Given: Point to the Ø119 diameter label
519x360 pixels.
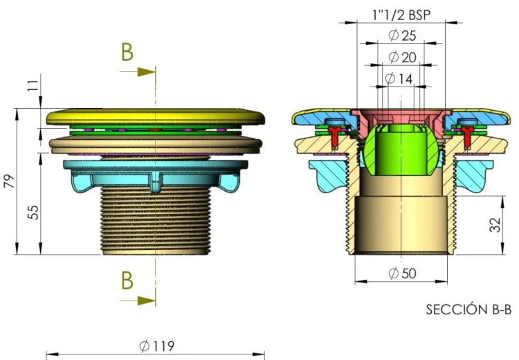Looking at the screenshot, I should tap(156, 346).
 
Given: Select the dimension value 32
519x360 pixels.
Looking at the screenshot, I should tap(495, 226).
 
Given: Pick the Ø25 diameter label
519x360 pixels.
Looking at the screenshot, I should tap(402, 36).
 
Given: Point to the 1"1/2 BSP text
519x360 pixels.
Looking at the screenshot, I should tap(400, 14).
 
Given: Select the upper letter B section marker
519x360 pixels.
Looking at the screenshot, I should tap(127, 52).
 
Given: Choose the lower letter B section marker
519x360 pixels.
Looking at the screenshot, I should tap(127, 280).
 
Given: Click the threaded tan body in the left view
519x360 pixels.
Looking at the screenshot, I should tap(156, 222).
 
